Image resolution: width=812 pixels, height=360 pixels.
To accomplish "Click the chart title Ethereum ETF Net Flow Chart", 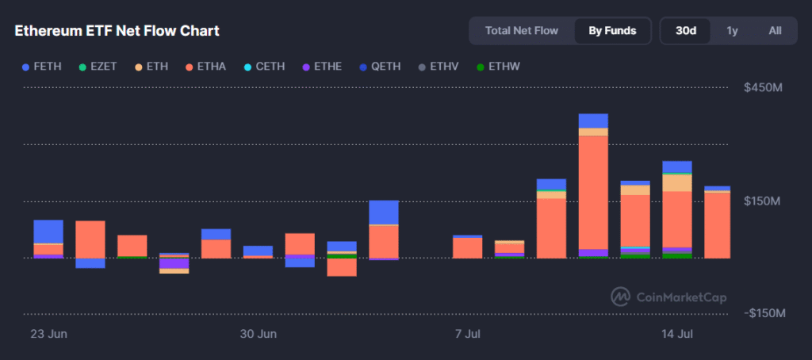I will coord(117,31).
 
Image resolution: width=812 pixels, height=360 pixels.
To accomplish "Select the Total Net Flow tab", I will coord(522,31).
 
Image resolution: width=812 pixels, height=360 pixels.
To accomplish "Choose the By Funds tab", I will coord(612,31).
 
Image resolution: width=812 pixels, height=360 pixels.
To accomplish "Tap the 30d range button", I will coord(686,31).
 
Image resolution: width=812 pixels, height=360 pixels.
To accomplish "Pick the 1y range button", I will coord(732,31).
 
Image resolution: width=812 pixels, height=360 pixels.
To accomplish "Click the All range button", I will coord(775,31).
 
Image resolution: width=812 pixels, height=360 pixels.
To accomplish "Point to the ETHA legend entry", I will coord(207,66).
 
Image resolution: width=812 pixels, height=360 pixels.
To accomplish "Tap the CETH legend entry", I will coord(264,66).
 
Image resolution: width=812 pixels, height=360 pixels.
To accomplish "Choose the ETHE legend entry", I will coord(321,66).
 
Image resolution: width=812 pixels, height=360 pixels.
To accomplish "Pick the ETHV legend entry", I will coord(438,66).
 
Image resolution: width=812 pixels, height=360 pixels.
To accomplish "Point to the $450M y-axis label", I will coord(762,88).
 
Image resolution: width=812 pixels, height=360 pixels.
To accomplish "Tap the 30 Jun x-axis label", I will coord(259,333).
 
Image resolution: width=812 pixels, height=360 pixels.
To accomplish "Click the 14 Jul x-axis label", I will coord(678,333).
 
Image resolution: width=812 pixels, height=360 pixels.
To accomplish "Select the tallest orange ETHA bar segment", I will coord(593,192).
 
